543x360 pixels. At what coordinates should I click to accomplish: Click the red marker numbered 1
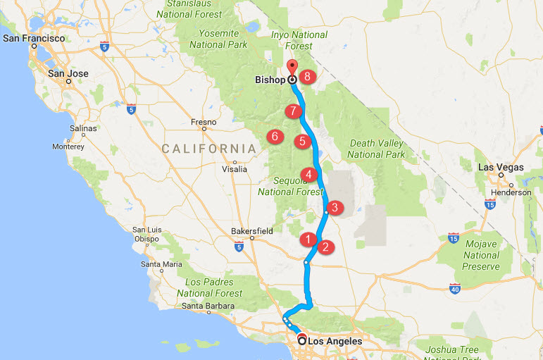tap(307, 239)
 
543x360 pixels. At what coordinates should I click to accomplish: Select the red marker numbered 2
tap(325, 247)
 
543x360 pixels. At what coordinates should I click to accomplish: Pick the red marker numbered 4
tap(308, 174)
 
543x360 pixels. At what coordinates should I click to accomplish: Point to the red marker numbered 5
tap(302, 141)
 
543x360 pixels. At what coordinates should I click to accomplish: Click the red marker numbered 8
tap(307, 76)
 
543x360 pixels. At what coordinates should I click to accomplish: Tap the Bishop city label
tap(270, 80)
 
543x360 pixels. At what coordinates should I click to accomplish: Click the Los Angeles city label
tap(335, 341)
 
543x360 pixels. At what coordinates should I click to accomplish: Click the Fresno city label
tap(204, 122)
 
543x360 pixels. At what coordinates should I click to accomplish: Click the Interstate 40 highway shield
tap(455, 288)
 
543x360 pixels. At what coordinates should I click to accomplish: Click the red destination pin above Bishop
tap(292, 68)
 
